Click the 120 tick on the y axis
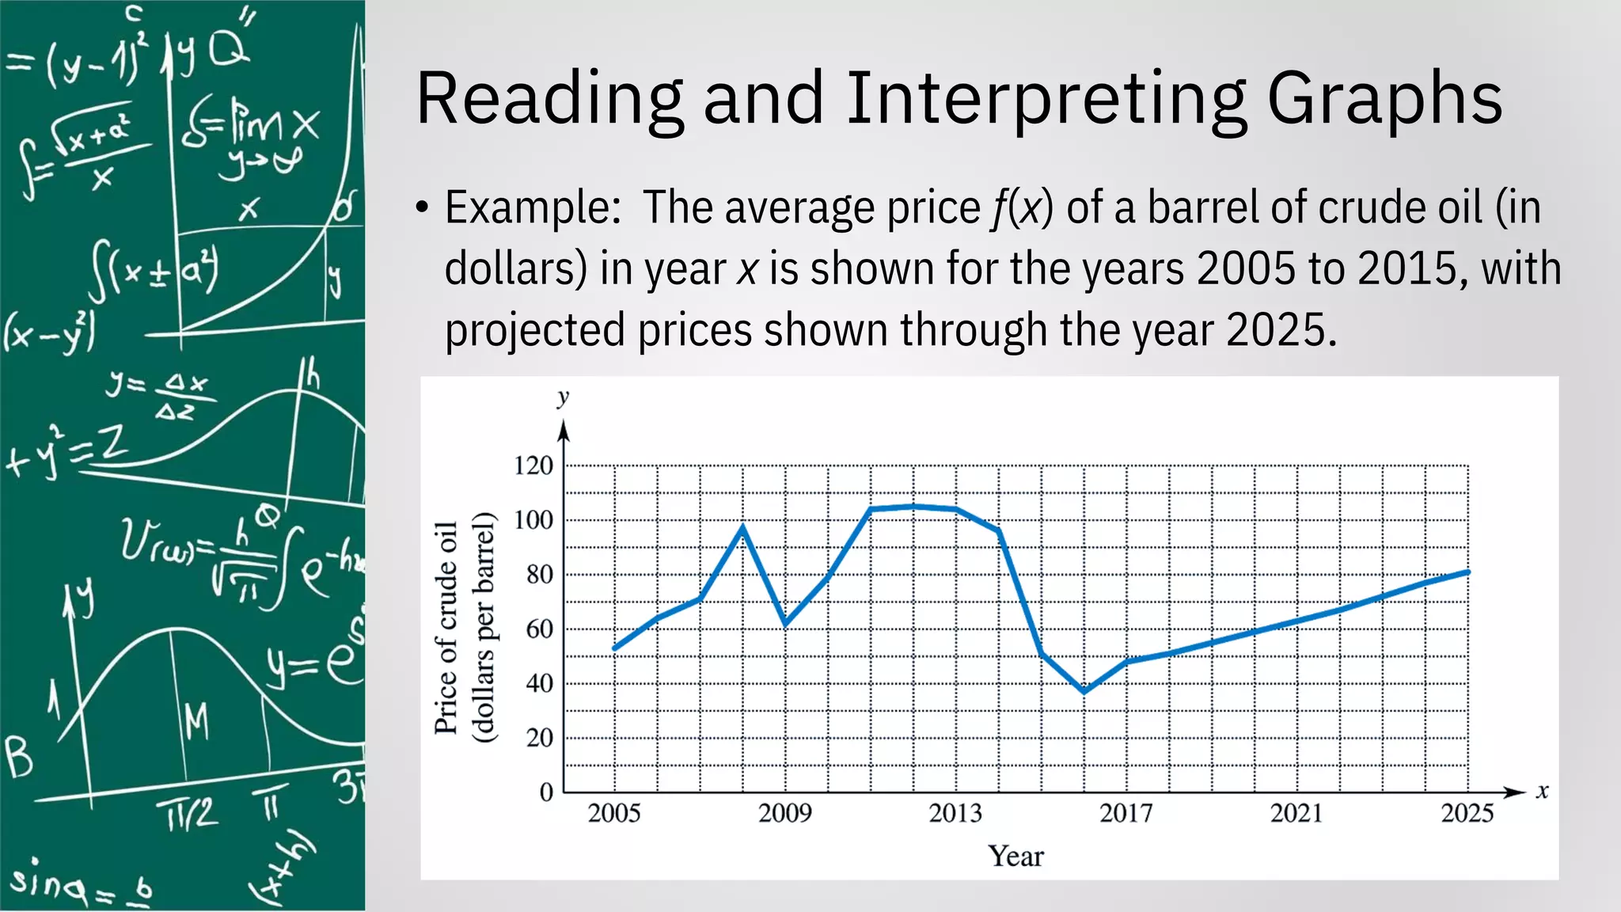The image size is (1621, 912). pos(533,465)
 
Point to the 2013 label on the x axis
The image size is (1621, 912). pos(955,813)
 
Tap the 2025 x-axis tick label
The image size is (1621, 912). pos(1467,813)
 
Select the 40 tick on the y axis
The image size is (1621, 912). pos(539,683)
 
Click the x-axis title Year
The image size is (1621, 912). pos(1015,856)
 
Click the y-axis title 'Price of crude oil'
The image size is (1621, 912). pos(446,628)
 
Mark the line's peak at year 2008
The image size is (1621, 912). pos(742,526)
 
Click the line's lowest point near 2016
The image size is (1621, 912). pos(1084,691)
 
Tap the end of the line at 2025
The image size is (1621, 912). pos(1468,572)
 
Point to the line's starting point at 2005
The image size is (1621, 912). pos(615,649)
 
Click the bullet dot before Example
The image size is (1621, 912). pos(423,209)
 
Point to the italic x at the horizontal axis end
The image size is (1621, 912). pos(1542,791)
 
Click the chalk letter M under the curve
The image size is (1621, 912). pos(196,722)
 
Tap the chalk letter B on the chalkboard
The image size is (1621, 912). pos(19,758)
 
